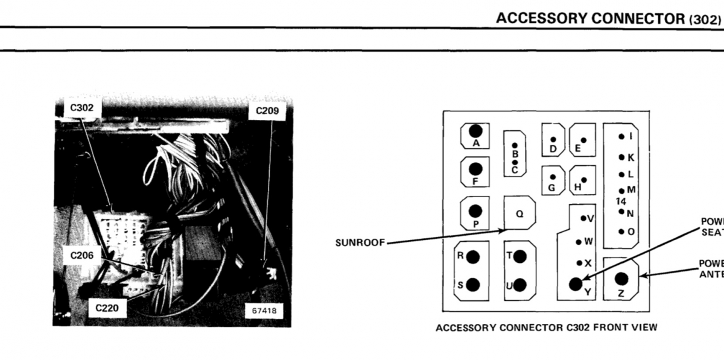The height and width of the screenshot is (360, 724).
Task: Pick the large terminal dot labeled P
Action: (475, 210)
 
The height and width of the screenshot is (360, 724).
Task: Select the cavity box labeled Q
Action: (519, 213)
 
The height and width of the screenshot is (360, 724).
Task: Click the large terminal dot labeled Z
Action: (621, 279)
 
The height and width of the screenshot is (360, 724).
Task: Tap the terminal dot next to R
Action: (473, 257)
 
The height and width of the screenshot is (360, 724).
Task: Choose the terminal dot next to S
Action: (473, 285)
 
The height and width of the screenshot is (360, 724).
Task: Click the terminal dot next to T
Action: (519, 257)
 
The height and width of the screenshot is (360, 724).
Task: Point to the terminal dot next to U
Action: (519, 285)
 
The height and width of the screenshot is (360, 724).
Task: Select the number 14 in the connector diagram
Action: (621, 201)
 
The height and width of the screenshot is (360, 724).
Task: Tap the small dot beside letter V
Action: (583, 218)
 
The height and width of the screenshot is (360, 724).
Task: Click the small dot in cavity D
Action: (553, 139)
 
